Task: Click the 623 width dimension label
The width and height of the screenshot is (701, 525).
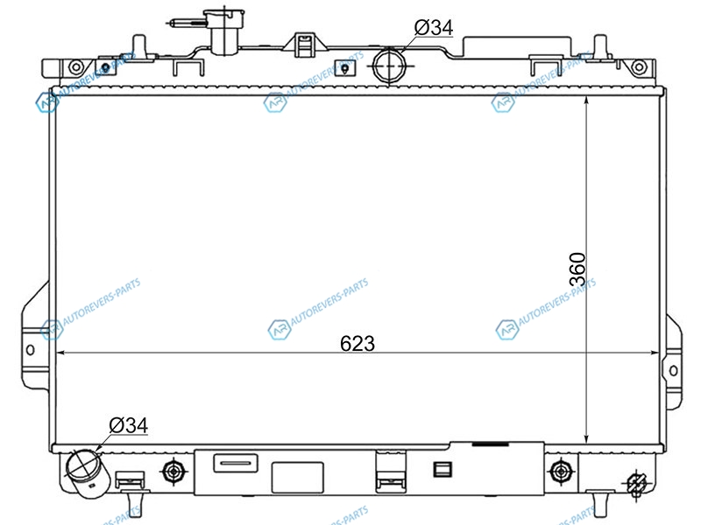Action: pos(358,343)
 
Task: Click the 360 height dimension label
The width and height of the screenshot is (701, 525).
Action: pos(577,269)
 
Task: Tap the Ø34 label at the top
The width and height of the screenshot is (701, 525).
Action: pos(434,28)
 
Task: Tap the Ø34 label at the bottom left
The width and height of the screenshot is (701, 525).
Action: pos(128,425)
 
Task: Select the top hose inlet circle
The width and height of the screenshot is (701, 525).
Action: pos(389,65)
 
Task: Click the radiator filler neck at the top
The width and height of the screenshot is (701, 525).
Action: pos(224,31)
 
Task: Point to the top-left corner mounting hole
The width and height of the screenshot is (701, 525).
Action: pos(76,67)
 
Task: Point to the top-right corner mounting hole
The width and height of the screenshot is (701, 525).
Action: pos(639,67)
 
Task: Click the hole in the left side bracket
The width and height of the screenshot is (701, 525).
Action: pos(30,349)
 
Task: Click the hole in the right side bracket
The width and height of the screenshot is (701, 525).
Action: pos(673,370)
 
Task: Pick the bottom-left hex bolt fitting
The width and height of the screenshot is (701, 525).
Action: pos(173,471)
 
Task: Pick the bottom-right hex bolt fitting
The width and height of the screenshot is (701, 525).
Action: pos(560,471)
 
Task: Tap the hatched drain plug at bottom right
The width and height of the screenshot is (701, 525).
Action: pos(637,484)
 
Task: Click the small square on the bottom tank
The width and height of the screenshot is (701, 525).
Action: pos(443,470)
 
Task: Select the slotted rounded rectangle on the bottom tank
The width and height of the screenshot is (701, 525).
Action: pos(236,463)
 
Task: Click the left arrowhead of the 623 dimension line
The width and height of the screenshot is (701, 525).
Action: pos(61,353)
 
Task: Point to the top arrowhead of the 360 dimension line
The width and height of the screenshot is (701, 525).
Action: pos(586,101)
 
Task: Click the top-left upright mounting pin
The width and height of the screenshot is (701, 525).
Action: pos(139,46)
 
